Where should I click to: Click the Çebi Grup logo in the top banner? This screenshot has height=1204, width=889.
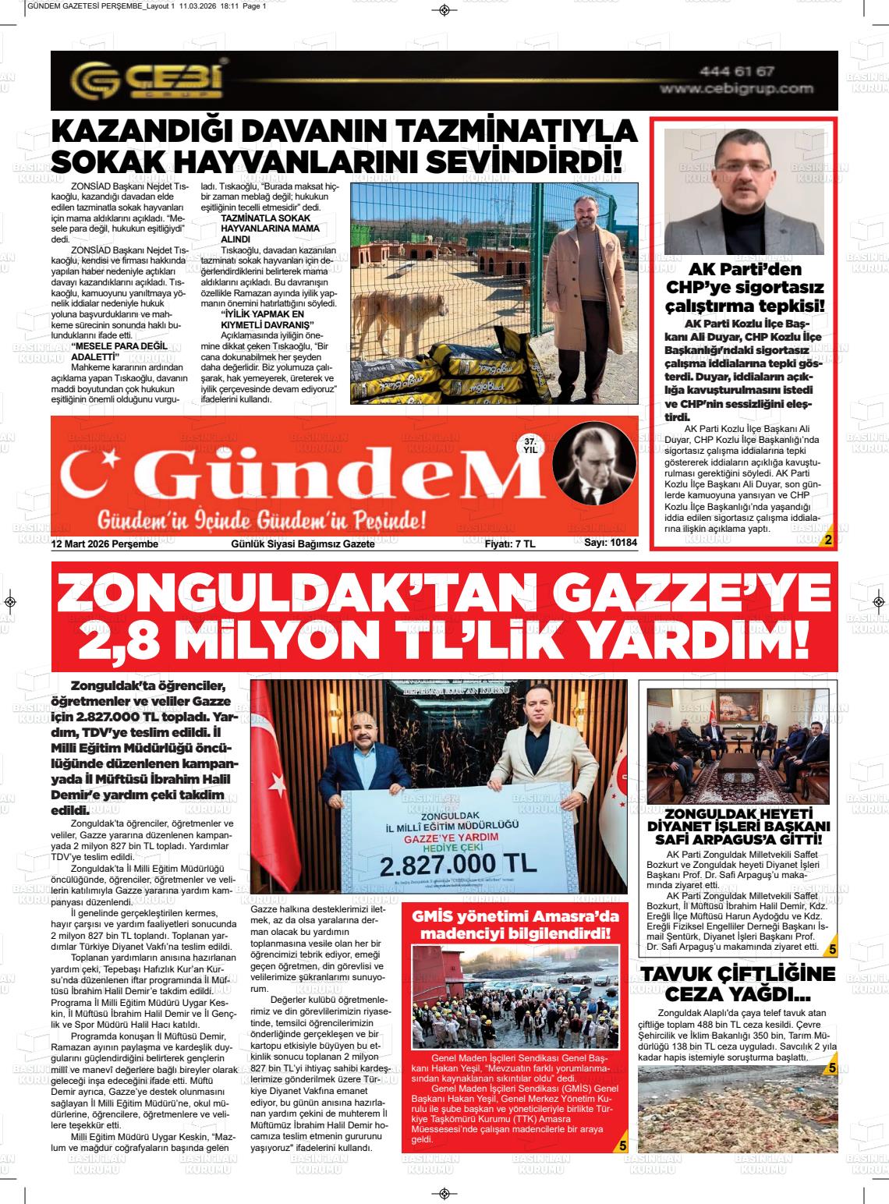click(x=148, y=80)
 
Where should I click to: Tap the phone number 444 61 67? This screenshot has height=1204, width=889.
click(x=736, y=72)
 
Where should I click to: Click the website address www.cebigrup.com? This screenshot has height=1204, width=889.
click(x=736, y=90)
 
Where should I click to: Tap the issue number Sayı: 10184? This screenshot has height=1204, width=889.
click(x=611, y=544)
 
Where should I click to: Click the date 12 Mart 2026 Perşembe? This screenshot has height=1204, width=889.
click(x=104, y=544)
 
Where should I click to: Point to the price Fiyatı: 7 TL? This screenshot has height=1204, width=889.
click(x=510, y=544)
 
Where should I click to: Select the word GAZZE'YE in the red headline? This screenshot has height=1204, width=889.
click(x=689, y=598)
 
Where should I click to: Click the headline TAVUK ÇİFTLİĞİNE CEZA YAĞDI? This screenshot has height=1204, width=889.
click(x=737, y=984)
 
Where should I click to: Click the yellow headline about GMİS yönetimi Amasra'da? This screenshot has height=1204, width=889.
click(x=515, y=924)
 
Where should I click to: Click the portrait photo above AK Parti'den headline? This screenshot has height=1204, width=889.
click(x=743, y=191)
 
